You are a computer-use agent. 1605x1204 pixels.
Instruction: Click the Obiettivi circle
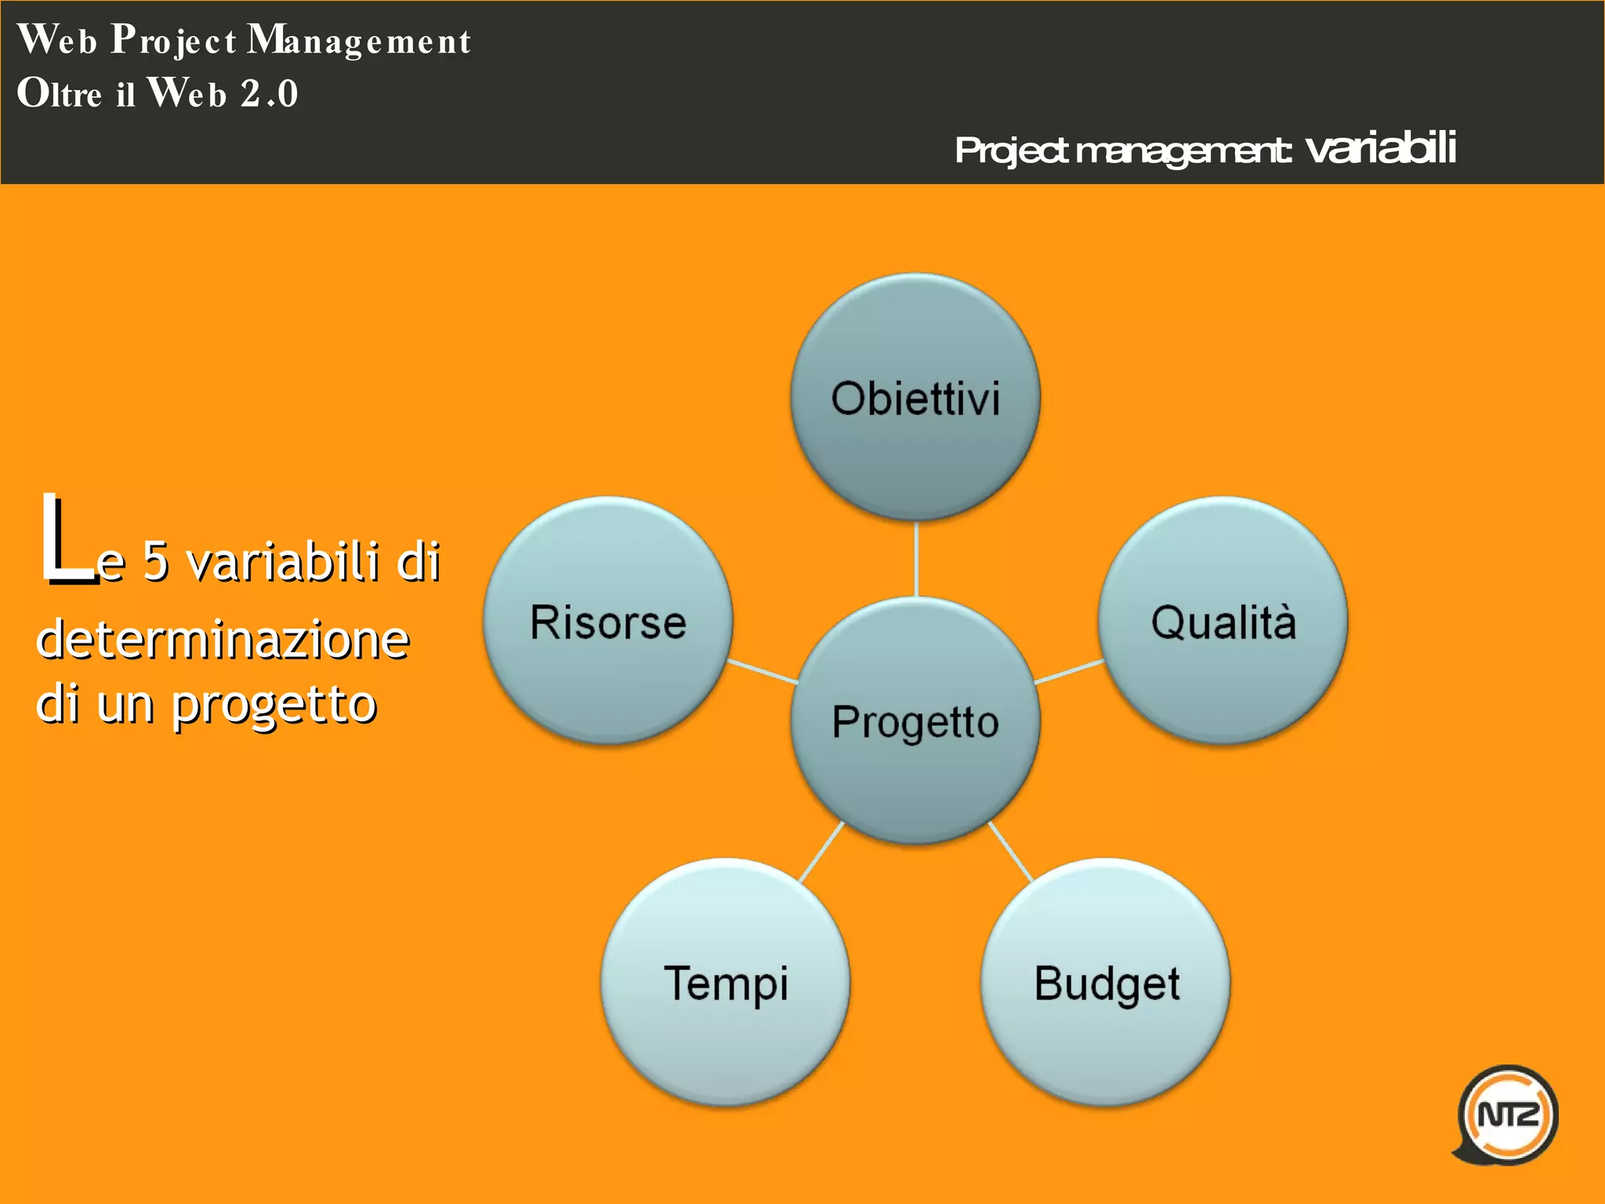click(915, 397)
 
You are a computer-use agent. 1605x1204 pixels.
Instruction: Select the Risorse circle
click(608, 621)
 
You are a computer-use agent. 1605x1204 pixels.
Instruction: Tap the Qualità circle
click(1223, 621)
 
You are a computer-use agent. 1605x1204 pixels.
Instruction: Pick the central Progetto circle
click(915, 721)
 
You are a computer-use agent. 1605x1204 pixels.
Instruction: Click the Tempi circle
click(726, 982)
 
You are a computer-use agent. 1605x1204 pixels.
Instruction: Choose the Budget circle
click(1106, 982)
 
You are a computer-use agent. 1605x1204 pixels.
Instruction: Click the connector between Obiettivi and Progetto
click(915, 559)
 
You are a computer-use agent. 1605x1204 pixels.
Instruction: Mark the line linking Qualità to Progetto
click(1069, 672)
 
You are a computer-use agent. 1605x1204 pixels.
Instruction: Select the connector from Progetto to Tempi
click(821, 852)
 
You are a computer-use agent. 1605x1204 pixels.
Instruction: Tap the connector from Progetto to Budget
click(1011, 852)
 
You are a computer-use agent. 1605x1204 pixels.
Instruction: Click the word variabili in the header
click(1381, 147)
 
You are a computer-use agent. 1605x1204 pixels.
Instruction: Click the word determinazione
click(223, 639)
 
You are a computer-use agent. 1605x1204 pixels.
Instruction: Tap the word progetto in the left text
click(274, 704)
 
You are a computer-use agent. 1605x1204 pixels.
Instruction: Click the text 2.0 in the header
click(269, 93)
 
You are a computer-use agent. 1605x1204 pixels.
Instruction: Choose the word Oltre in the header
click(60, 93)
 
